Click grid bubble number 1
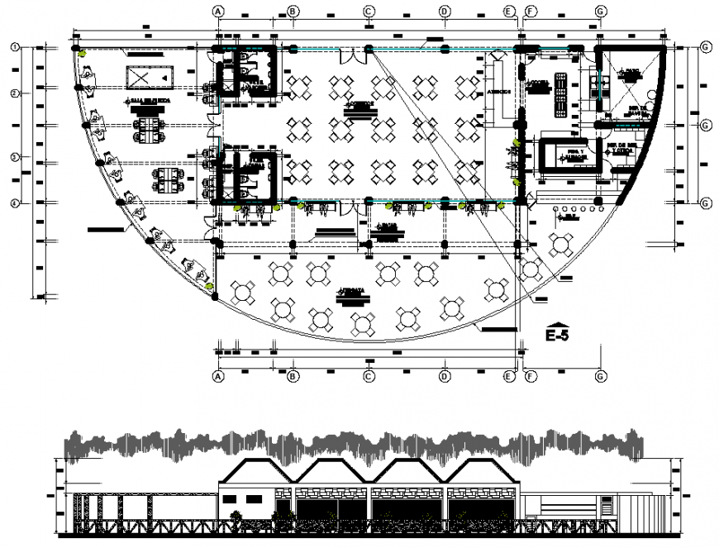[x=15, y=47]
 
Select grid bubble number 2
[x=15, y=93]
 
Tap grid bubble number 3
[x=15, y=156]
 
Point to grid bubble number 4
[x=15, y=203]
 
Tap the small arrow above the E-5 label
[x=558, y=322]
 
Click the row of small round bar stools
[x=572, y=220]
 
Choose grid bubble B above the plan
[x=292, y=11]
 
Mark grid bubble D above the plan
[x=445, y=11]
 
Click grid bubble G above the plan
[x=601, y=11]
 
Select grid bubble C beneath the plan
[x=369, y=377]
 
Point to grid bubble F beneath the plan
[x=530, y=377]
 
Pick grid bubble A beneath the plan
[x=218, y=377]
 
